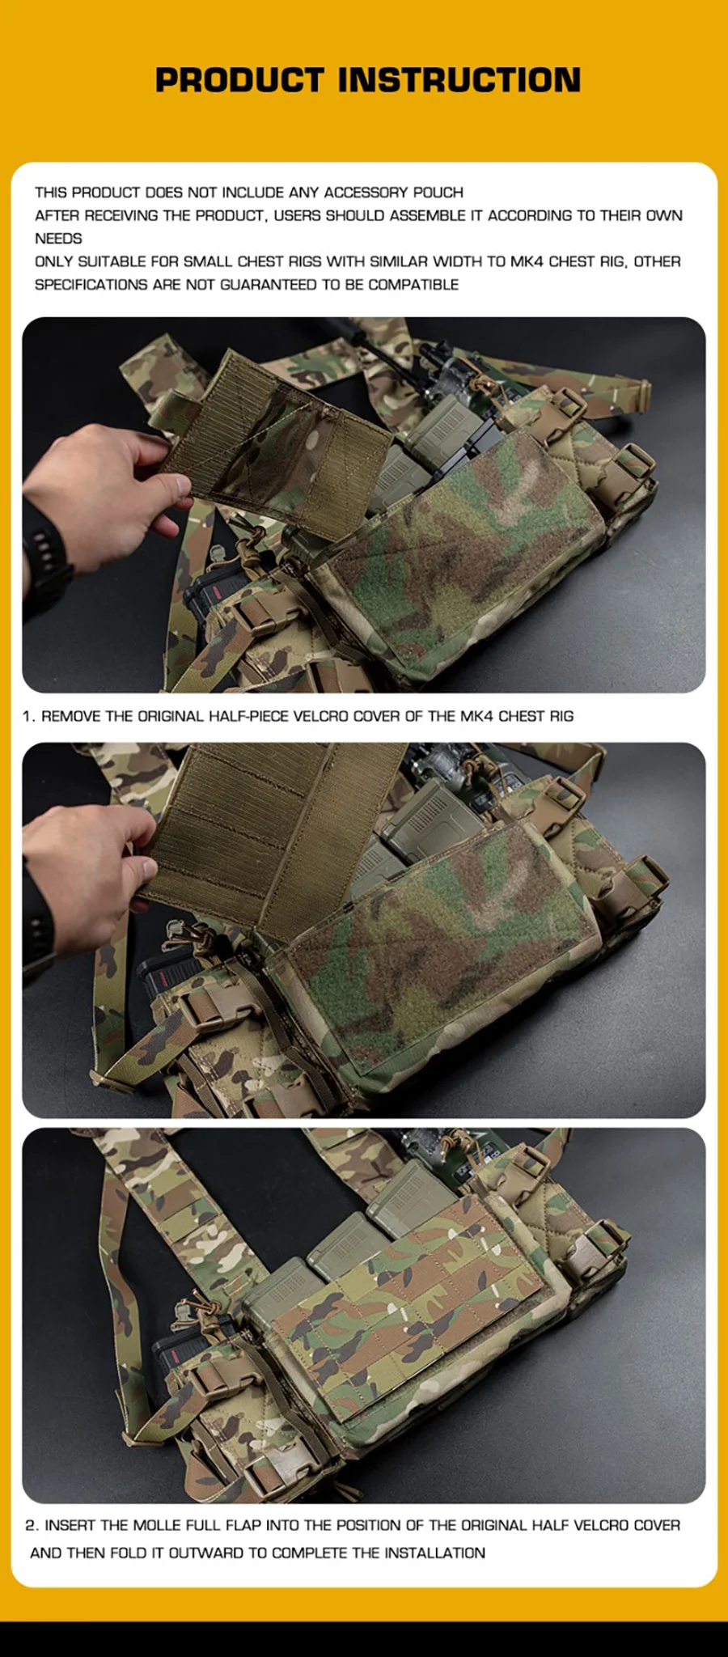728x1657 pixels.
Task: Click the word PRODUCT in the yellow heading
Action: tap(239, 80)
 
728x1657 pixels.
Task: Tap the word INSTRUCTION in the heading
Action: tap(459, 80)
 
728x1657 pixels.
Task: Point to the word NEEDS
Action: tap(58, 239)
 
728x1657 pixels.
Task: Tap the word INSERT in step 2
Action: tap(70, 1525)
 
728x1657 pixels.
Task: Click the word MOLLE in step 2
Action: tap(157, 1525)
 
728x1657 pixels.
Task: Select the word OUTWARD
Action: tap(206, 1553)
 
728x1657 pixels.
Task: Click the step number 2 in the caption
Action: tap(32, 1525)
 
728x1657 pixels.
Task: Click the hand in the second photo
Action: tap(89, 858)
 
